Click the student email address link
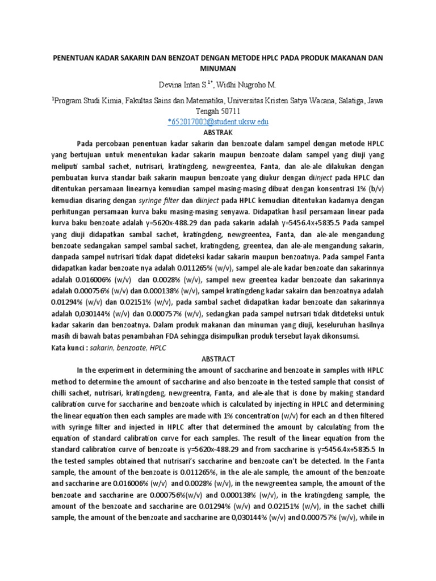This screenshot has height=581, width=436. (x=218, y=122)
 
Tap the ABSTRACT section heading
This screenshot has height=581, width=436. (x=218, y=359)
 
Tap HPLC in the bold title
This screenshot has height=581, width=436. (x=259, y=58)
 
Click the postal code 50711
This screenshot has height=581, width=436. (x=230, y=111)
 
